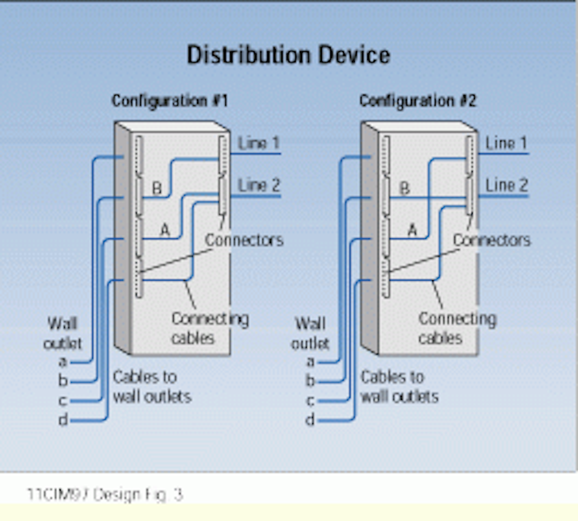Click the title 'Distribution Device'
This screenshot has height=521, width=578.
point(288,55)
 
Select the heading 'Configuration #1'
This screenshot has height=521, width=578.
point(170,101)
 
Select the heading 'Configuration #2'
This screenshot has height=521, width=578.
point(417,101)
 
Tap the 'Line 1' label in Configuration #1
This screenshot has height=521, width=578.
point(258,143)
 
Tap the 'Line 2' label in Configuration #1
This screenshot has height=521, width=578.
point(258,185)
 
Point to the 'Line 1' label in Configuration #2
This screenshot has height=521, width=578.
point(506,143)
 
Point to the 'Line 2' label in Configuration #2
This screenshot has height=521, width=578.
point(506,185)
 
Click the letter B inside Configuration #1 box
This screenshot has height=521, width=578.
point(157,188)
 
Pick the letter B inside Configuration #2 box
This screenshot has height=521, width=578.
point(405,188)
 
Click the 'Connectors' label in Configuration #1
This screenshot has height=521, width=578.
point(244,240)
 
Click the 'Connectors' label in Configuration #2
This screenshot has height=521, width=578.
point(492,240)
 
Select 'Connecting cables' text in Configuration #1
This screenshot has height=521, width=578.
point(210,328)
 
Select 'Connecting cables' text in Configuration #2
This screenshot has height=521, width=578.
point(457,328)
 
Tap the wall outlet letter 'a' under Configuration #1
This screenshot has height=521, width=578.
point(63,362)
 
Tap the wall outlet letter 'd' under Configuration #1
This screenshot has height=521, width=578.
point(63,420)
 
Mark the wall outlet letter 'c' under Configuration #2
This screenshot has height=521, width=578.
point(310,400)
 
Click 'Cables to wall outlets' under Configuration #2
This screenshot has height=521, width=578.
point(399,387)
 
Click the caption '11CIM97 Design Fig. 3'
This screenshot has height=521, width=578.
point(105,495)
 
